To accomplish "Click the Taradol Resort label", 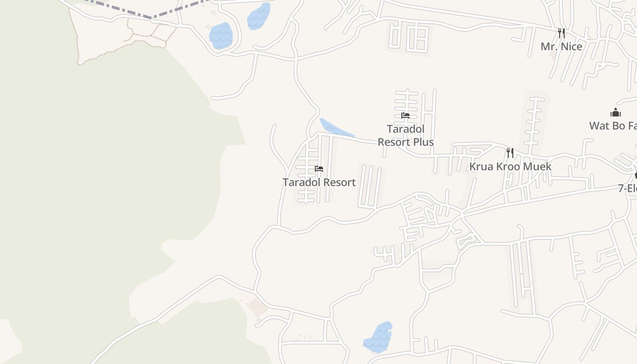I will tap(319, 182).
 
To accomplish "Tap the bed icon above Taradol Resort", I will tap(319, 169).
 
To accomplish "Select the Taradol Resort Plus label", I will tap(405, 136).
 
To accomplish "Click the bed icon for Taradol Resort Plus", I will tap(405, 116).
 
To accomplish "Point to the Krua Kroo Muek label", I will tap(510, 167).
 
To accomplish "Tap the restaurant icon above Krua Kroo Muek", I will tap(510, 153).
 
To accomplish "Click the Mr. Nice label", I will tap(561, 46).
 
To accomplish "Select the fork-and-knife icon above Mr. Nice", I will tap(561, 33).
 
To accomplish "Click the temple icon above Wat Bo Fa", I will tap(616, 112).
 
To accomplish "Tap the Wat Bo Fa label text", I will tap(613, 126).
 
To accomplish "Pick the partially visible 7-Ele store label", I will tap(627, 188).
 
